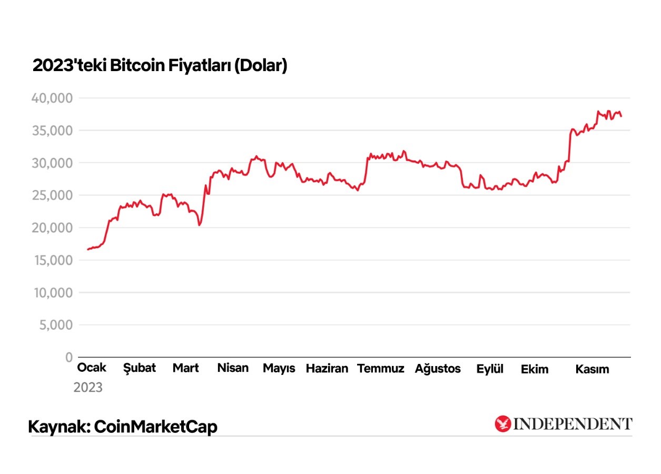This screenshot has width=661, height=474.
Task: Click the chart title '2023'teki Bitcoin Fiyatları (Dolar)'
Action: (x=160, y=66)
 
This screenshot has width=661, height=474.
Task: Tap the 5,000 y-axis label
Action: (x=55, y=325)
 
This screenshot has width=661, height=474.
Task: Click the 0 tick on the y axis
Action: (x=68, y=358)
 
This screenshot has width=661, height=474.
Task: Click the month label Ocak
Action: (x=92, y=368)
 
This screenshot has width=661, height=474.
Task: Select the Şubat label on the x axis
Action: (x=140, y=368)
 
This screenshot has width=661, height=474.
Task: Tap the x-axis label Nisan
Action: (x=233, y=368)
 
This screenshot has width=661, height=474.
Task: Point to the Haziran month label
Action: (x=327, y=368)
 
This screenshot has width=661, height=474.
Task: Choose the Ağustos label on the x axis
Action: (x=438, y=368)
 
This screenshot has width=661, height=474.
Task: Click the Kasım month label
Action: (x=592, y=369)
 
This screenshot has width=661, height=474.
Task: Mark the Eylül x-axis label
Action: (x=490, y=369)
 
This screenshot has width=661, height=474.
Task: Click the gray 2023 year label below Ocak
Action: (x=88, y=388)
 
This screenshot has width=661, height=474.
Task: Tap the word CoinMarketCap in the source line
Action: (x=155, y=427)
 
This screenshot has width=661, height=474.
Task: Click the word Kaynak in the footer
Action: (x=56, y=427)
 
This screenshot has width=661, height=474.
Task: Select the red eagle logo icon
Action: (x=503, y=424)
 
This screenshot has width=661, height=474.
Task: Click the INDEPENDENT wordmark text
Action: (x=573, y=424)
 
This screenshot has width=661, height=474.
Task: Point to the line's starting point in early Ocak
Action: (x=88, y=249)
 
